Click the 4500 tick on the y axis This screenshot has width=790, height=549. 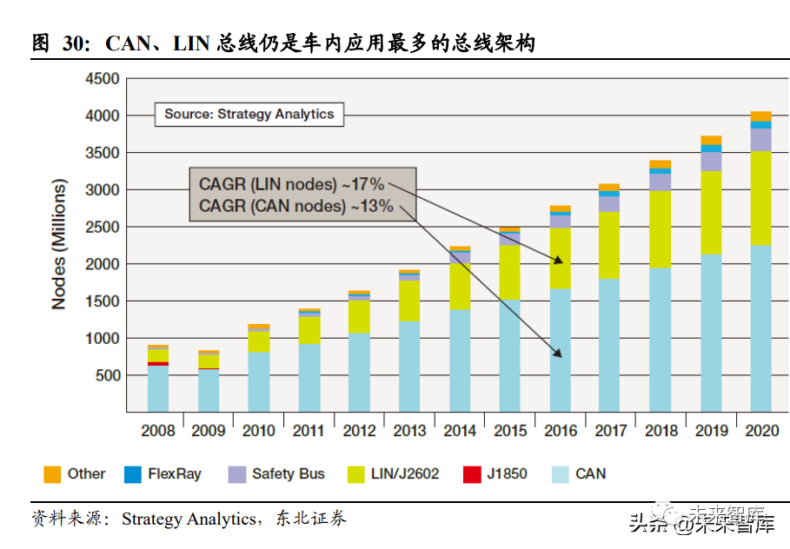102,79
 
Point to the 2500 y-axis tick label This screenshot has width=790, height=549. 102,227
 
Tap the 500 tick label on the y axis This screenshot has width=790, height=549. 107,375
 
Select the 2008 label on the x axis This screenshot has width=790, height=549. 158,430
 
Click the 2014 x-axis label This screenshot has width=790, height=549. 461,430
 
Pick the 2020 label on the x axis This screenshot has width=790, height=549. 761,430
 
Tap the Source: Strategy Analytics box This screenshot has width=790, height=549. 249,114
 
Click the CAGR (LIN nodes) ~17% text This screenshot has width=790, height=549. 291,184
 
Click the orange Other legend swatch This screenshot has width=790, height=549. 52,474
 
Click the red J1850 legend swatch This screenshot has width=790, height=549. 472,474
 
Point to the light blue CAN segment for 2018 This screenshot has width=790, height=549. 661,339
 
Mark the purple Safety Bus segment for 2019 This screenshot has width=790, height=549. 711,162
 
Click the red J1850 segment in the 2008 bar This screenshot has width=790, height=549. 158,364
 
